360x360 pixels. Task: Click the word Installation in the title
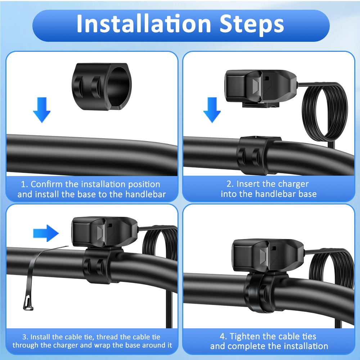pyautogui.click(x=144, y=24)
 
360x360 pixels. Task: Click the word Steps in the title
pyautogui.click(x=252, y=24)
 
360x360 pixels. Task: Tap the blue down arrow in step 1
pyautogui.click(x=42, y=110)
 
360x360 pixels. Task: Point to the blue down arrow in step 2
pyautogui.click(x=212, y=110)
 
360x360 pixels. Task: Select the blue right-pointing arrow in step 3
pyautogui.click(x=46, y=233)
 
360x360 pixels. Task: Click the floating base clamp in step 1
pyautogui.click(x=102, y=86)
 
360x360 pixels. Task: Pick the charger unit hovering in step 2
pyautogui.click(x=261, y=89)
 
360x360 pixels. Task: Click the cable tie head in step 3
pyautogui.click(x=28, y=303)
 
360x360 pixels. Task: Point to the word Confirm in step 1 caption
pyautogui.click(x=46, y=184)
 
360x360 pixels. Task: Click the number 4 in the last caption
pyautogui.click(x=222, y=337)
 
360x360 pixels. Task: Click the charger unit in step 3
pyautogui.click(x=104, y=232)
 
